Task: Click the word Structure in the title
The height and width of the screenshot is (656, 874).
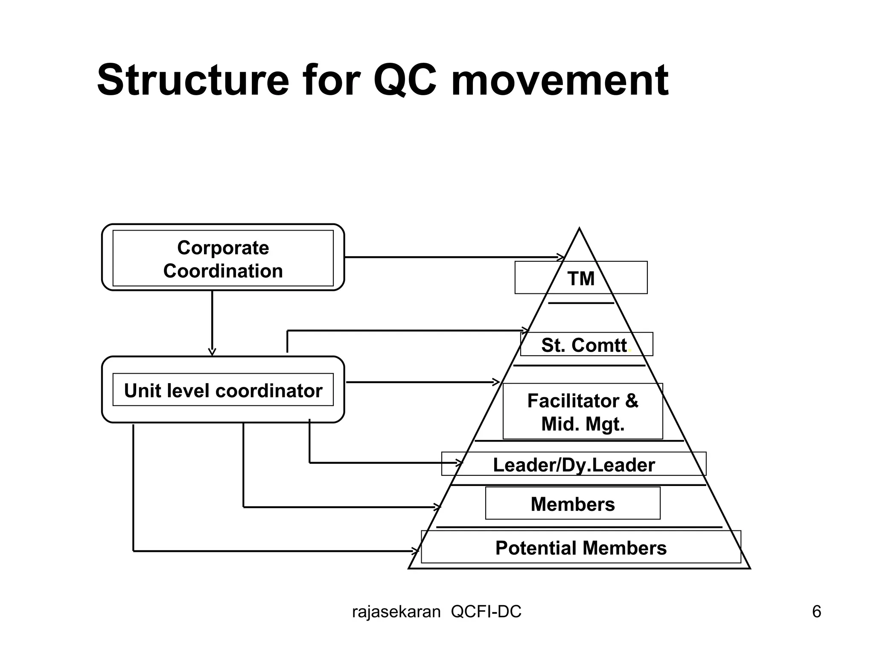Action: tap(193, 80)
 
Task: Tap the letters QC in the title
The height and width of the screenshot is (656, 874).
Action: tap(405, 80)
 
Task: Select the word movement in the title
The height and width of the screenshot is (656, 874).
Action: tap(559, 80)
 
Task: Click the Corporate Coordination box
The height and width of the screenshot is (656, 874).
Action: tap(223, 259)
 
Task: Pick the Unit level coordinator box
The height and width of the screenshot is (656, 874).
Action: tap(223, 390)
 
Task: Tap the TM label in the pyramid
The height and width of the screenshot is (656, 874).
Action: tap(581, 278)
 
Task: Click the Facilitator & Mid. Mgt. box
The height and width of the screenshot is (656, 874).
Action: tap(583, 412)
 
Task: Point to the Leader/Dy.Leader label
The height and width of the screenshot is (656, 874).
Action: tap(574, 465)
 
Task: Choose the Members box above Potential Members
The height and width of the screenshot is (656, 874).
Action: tap(573, 504)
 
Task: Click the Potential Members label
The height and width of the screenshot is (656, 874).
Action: tap(580, 548)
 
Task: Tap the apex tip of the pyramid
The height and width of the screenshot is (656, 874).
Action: tap(579, 229)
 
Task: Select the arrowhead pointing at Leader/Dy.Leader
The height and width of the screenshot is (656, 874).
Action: tap(460, 463)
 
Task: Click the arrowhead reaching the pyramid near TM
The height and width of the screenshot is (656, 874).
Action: tap(562, 257)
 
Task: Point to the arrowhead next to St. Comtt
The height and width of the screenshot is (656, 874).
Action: tap(526, 330)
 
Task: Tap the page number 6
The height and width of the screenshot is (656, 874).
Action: tap(816, 612)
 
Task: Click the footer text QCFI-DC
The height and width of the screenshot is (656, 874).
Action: tap(486, 612)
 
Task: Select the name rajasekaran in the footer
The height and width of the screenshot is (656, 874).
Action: tap(396, 612)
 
